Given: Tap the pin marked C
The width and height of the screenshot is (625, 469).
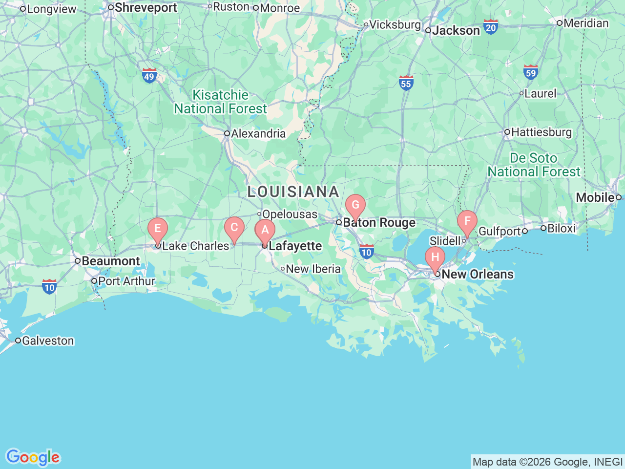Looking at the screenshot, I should tap(234, 228).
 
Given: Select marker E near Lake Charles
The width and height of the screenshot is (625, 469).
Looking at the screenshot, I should tap(158, 229).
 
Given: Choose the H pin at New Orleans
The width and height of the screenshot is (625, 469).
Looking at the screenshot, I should tap(435, 257).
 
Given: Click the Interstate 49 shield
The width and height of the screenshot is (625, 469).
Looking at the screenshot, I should tap(149, 76).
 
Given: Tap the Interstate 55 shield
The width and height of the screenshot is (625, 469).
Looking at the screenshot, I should tap(406, 83).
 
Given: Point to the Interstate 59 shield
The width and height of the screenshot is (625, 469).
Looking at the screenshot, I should tap(530, 73).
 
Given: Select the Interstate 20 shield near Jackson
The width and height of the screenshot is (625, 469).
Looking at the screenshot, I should tap(491, 27).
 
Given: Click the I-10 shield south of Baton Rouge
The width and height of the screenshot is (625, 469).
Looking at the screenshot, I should tap(366, 252).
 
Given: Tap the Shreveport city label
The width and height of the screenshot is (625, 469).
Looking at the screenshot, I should tap(146, 8).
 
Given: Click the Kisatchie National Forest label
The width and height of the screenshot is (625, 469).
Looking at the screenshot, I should tap(221, 102).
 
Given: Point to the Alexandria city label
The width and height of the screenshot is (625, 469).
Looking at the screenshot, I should tap(258, 133).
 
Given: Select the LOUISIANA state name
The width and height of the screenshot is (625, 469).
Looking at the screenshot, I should tap(293, 192).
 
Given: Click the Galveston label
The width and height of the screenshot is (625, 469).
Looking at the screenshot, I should tap(48, 341).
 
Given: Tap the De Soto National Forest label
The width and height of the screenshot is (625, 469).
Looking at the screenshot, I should tap(534, 165).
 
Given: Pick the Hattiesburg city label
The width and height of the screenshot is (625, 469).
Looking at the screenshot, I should tap(541, 132).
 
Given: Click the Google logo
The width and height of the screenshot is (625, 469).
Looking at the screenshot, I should tap(33, 457).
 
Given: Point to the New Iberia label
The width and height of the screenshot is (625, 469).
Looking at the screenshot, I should tap(313, 269).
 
